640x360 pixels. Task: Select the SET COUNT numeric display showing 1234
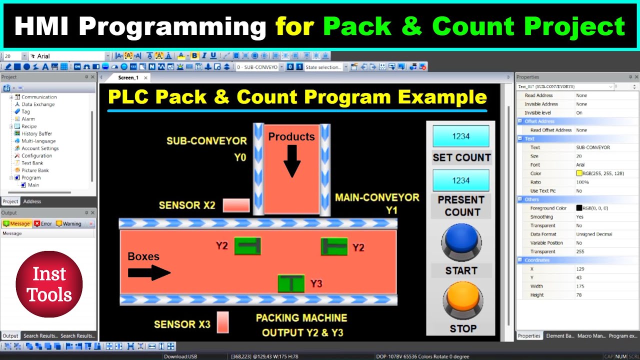[460, 136]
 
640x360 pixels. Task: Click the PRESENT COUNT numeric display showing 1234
[460, 180]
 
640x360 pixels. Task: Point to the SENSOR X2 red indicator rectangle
[236, 205]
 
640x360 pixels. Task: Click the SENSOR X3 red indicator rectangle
[222, 322]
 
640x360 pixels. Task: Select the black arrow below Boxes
[149, 272]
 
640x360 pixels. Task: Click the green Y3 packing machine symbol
[291, 283]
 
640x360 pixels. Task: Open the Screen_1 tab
[128, 77]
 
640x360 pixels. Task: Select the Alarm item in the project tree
[28, 119]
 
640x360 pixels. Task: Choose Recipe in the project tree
[29, 126]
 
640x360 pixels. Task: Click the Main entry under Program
[33, 185]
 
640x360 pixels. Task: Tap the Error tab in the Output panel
[43, 223]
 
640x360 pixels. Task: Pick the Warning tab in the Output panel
[68, 223]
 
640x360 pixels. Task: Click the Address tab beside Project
[32, 201]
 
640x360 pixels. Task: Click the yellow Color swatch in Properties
[579, 173]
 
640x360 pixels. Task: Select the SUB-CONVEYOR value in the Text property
[592, 147]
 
